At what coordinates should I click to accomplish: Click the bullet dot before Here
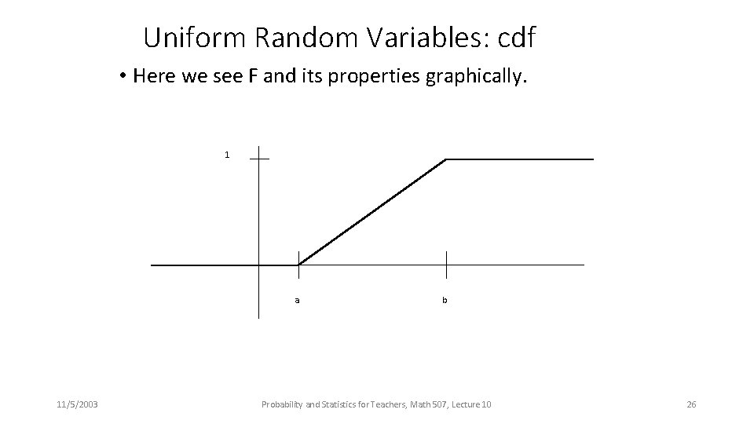(x=123, y=76)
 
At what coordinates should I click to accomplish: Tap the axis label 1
(x=227, y=155)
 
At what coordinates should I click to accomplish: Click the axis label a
(x=297, y=300)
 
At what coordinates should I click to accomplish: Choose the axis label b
(x=445, y=300)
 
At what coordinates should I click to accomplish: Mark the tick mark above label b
(x=446, y=265)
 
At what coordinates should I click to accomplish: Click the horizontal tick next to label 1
(x=259, y=159)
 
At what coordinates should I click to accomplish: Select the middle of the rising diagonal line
(x=372, y=212)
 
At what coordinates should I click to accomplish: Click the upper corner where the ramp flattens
(x=445, y=159)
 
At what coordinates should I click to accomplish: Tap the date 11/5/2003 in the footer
(x=77, y=404)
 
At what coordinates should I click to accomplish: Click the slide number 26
(x=691, y=404)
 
